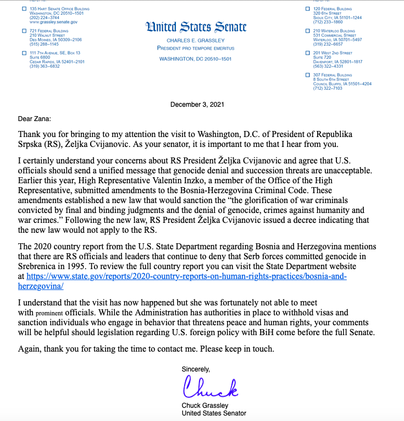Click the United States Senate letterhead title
(x=196, y=28)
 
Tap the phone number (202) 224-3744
(x=45, y=17)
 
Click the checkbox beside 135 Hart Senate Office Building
(x=23, y=9)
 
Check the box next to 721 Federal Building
(x=23, y=31)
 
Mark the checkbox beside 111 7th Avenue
(x=23, y=52)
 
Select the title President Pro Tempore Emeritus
(x=196, y=48)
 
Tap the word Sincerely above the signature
(x=196, y=369)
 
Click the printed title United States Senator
(x=214, y=413)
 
